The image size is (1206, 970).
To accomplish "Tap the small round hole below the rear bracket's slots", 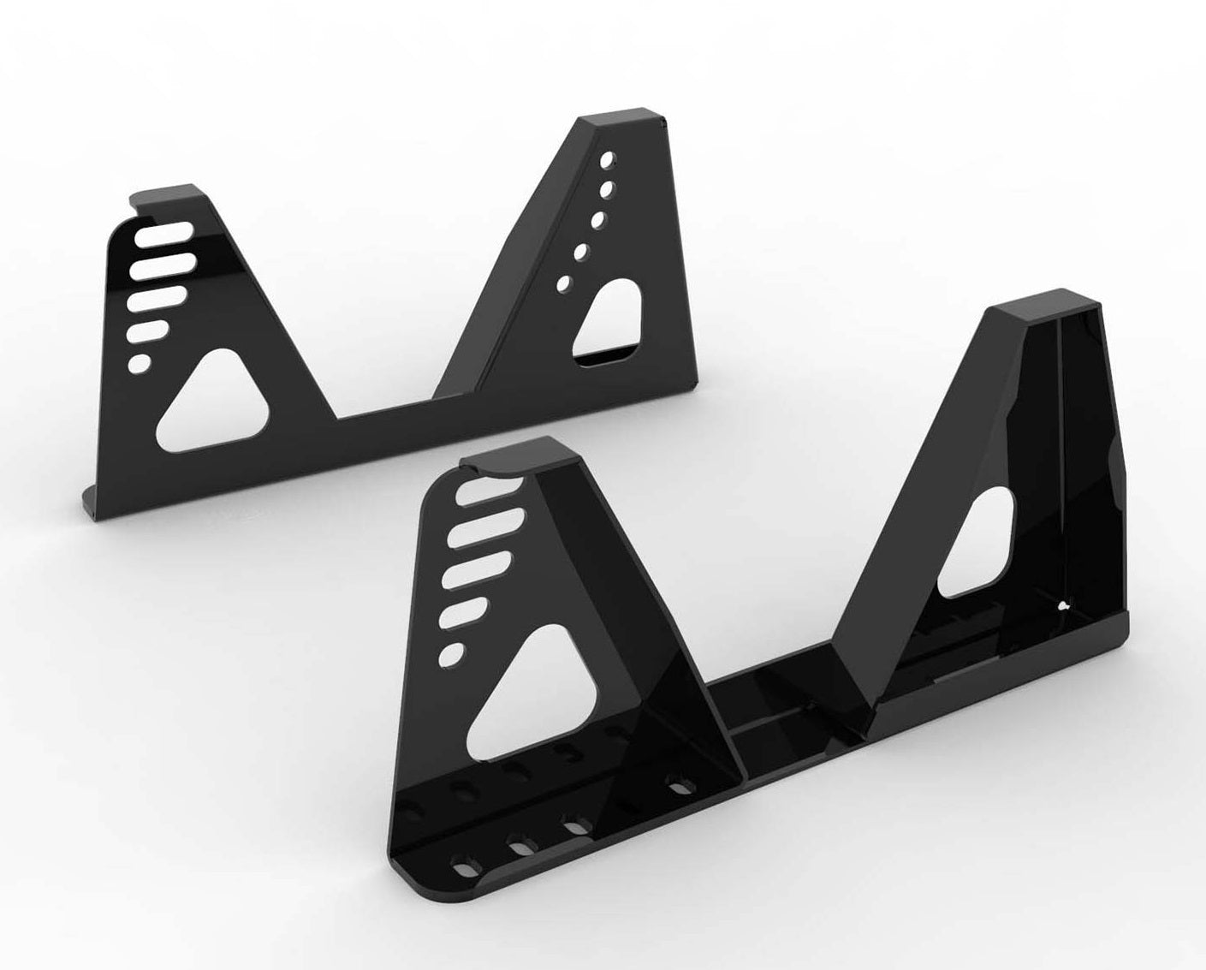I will click(x=135, y=363).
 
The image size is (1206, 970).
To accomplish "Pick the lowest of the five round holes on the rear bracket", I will click(x=564, y=283).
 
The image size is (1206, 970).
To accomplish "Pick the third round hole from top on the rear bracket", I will click(x=597, y=220).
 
